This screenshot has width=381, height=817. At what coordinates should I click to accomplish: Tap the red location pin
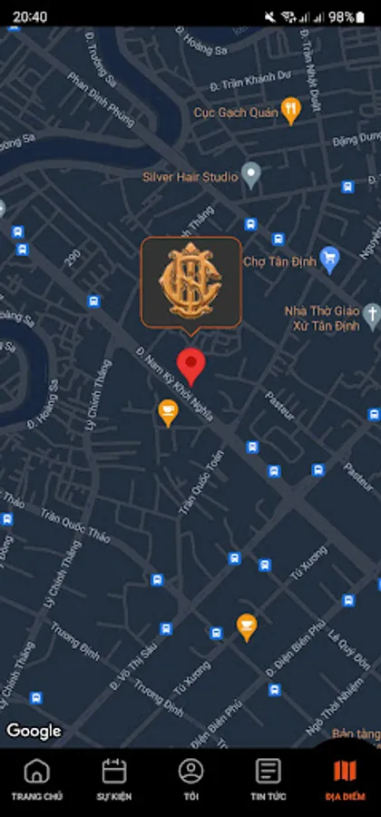[190, 364]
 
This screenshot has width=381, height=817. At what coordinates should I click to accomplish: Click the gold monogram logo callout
[190, 281]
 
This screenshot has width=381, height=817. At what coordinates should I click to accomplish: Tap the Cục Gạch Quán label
[235, 113]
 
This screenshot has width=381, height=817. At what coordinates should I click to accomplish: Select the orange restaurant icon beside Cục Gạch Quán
[290, 110]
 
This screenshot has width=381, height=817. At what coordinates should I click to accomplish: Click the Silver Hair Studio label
[190, 177]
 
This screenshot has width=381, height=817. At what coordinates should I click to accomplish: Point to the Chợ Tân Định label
[279, 261]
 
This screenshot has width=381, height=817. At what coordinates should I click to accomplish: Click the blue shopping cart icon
[330, 259]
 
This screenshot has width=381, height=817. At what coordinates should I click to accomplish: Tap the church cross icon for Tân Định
[371, 314]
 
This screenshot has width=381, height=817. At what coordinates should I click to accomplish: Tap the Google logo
[34, 731]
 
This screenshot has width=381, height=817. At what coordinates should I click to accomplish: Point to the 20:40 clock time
[30, 16]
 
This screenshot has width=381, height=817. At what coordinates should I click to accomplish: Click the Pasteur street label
[279, 405]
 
